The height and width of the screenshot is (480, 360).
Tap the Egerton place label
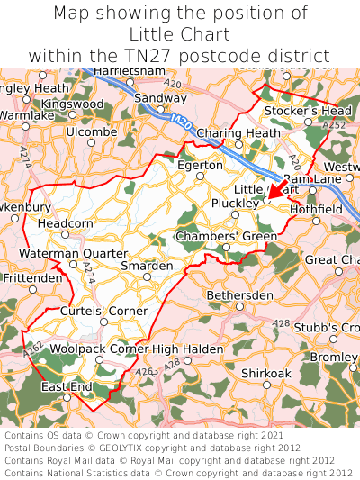[200, 166]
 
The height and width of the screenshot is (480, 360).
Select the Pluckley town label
[237, 203]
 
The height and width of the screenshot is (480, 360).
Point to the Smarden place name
[147, 267]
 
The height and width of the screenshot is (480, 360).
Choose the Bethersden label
[239, 295]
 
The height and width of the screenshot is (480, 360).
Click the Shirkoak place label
[266, 373]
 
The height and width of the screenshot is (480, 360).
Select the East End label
[67, 387]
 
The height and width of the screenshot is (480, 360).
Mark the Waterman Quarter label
[74, 254]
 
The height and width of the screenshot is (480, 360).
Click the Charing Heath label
[238, 133]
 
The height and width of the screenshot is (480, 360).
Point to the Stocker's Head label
[308, 111]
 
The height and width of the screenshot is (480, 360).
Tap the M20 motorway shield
[181, 118]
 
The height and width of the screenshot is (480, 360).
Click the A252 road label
[335, 126]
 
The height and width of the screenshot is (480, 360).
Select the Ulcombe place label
[92, 131]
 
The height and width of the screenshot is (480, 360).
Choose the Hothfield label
[316, 209]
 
